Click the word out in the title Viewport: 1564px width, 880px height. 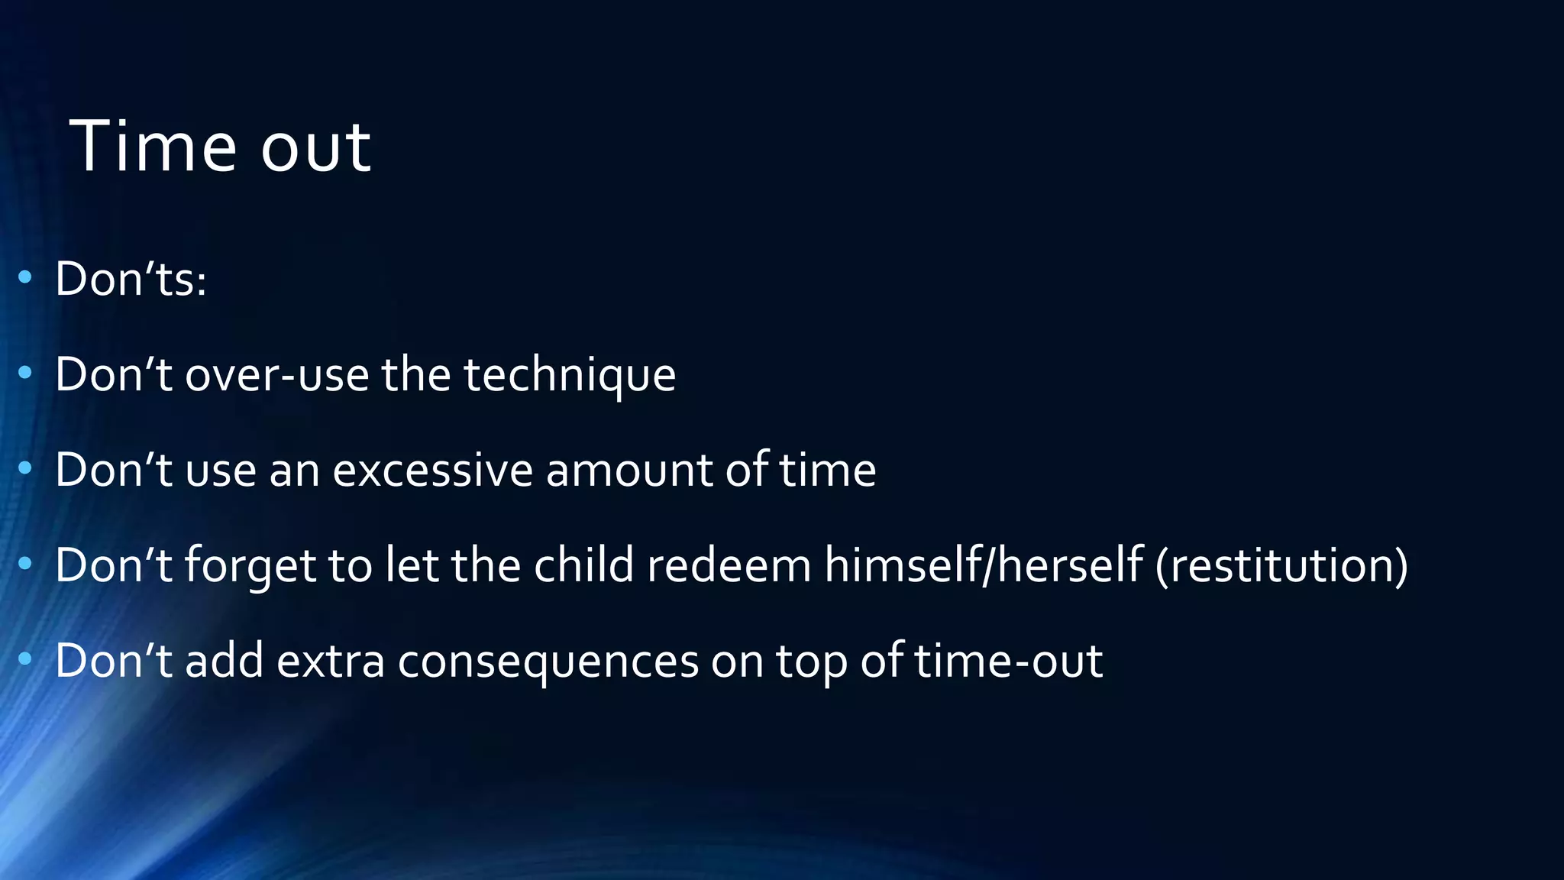point(315,147)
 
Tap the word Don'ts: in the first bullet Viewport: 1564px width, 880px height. point(131,279)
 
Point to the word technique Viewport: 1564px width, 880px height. point(570,376)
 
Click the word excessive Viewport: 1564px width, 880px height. point(432,470)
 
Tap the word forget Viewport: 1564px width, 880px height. point(250,567)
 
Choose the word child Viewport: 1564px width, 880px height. point(583,565)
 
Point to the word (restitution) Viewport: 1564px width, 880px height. point(1281,565)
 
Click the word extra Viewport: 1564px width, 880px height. point(330,661)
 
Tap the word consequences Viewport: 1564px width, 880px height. point(548,662)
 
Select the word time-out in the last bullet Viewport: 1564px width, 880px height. point(1008,661)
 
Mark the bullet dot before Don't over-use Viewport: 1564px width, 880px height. point(25,373)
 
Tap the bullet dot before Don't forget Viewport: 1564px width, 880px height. point(25,564)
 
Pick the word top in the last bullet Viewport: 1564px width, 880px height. point(812,662)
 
